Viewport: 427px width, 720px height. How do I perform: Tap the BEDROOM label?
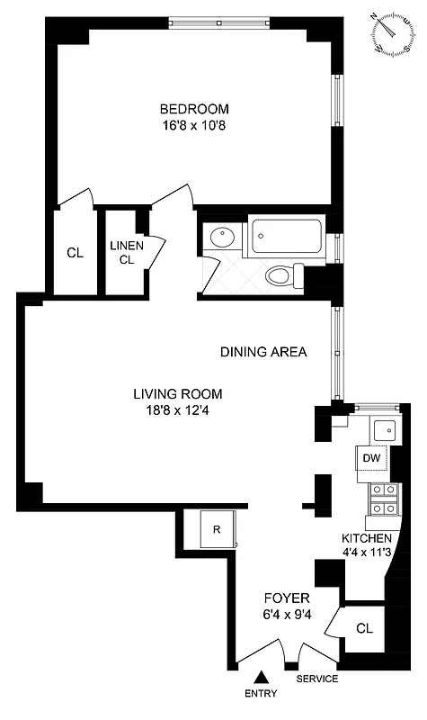189,109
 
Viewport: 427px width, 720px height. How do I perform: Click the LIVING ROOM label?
177,394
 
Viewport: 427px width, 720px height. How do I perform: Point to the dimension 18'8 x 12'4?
177,411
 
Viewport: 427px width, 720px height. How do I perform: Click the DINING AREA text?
263,352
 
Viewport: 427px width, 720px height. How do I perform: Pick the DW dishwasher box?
372,458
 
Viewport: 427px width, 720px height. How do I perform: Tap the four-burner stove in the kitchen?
385,499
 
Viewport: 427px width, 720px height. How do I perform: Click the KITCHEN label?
364,538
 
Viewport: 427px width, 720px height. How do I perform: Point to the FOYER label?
287,598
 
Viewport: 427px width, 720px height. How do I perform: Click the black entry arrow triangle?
261,677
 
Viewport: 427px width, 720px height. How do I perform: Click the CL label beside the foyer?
364,627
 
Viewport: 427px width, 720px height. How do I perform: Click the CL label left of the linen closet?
76,254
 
